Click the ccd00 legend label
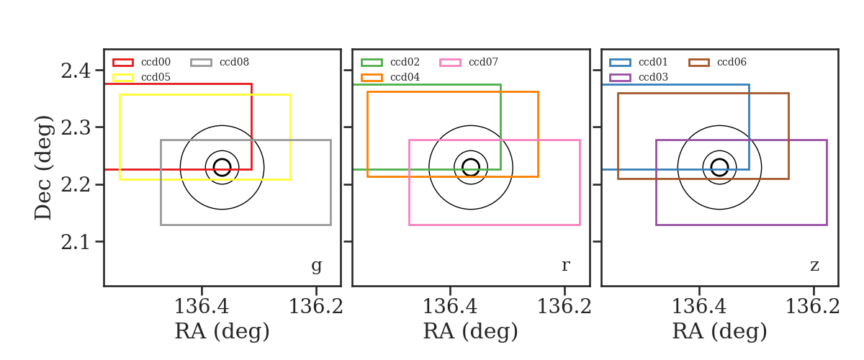tap(156, 62)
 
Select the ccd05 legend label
tap(156, 77)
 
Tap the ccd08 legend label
tap(234, 62)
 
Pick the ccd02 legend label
tap(405, 62)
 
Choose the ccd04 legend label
tap(405, 77)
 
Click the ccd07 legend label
tap(483, 62)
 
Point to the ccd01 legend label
tap(653, 62)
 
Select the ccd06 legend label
tap(732, 62)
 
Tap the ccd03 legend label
tap(653, 77)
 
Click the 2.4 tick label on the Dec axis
tap(76, 71)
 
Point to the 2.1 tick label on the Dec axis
tap(76, 243)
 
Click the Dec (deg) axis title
tap(42, 168)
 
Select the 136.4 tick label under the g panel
tap(202, 307)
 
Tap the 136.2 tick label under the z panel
tap(813, 307)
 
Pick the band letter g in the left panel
tap(316, 266)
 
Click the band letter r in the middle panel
tap(565, 266)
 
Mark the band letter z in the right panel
tap(814, 266)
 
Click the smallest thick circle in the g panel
tap(230, 168)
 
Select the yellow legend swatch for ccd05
tap(123, 78)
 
